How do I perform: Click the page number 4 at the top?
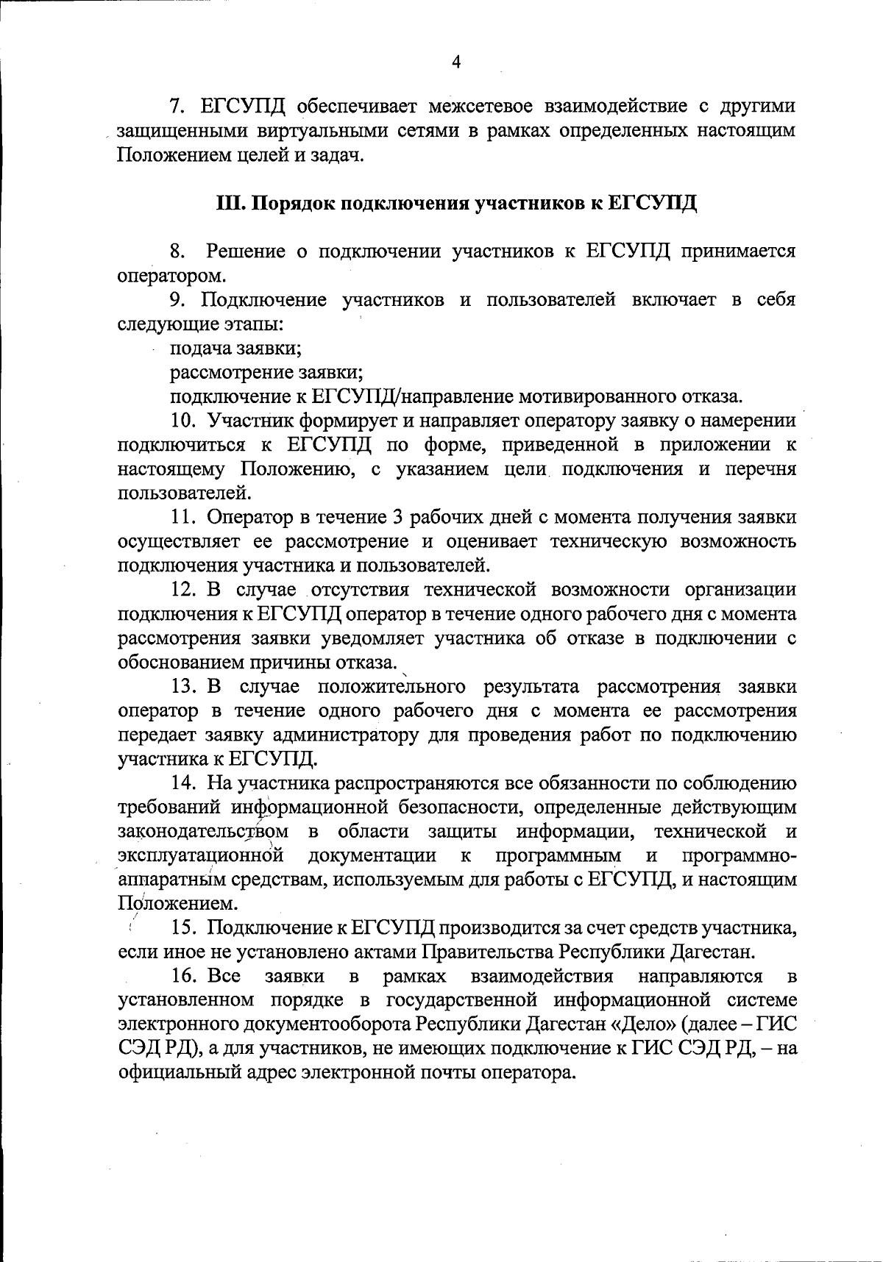(x=456, y=63)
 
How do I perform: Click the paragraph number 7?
(x=177, y=107)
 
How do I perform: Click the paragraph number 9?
(x=177, y=300)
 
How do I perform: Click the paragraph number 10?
(x=183, y=421)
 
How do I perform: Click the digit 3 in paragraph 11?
(x=397, y=517)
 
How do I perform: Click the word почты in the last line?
(x=439, y=1072)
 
